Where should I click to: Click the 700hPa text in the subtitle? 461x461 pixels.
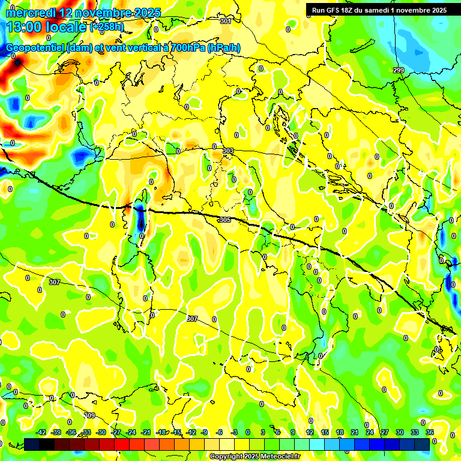click(187, 48)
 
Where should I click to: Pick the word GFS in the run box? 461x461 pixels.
click(334, 10)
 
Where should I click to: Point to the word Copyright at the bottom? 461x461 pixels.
click(227, 457)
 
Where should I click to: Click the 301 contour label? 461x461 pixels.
click(226, 21)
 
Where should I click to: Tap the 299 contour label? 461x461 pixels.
click(399, 70)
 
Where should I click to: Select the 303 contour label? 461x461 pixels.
click(228, 151)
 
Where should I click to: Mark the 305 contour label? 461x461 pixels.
click(225, 220)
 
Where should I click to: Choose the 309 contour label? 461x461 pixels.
click(89, 415)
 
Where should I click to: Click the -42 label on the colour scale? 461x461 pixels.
click(41, 432)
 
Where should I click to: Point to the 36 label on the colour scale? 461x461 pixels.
click(430, 432)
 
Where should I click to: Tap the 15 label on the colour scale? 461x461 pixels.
click(325, 432)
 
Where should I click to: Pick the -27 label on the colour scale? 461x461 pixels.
click(116, 432)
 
